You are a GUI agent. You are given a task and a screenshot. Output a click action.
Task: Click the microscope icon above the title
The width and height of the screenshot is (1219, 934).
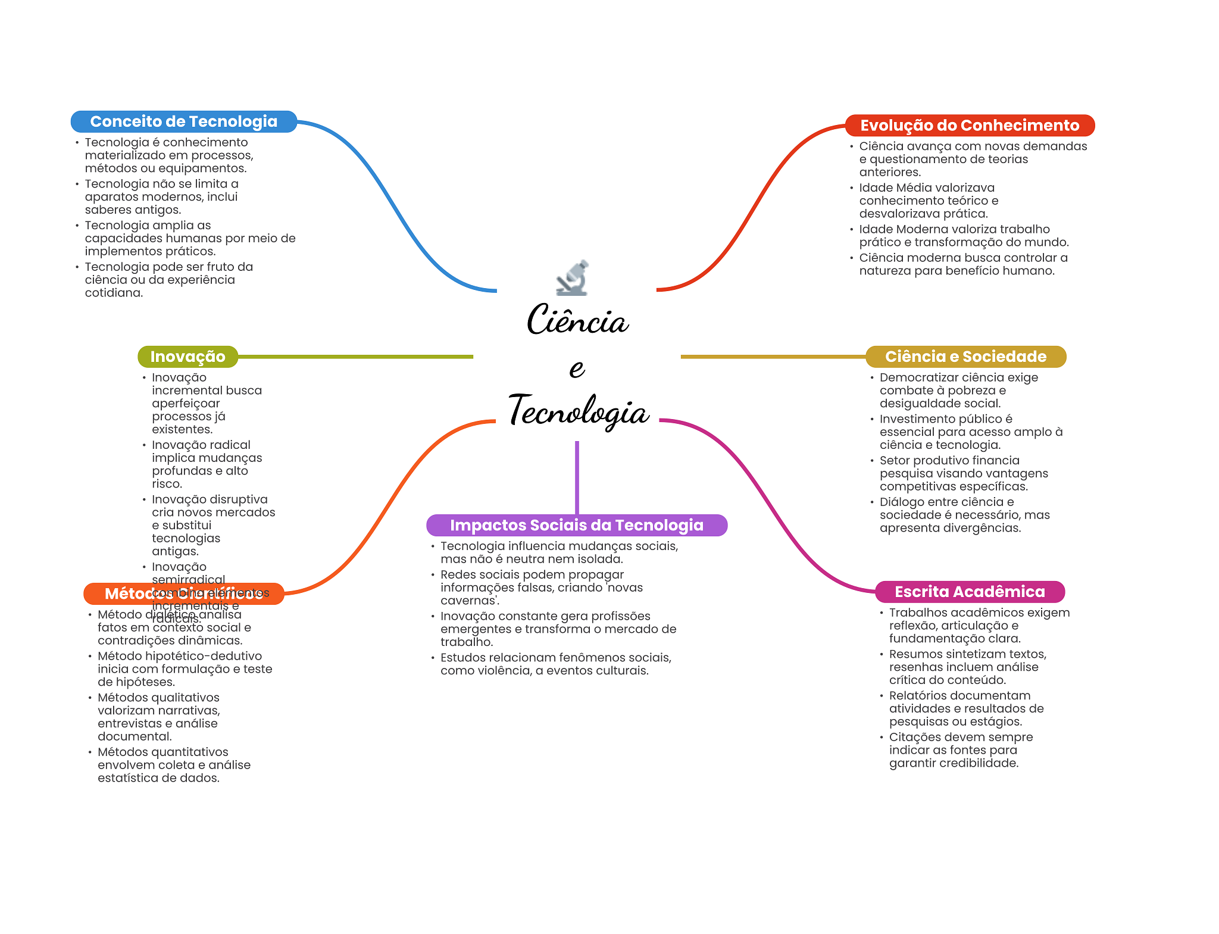tap(573, 278)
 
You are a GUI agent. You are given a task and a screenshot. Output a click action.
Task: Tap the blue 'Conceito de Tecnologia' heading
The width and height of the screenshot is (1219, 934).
tap(183, 121)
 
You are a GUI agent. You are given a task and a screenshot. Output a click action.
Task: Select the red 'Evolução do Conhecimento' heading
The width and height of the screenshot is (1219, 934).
tap(969, 126)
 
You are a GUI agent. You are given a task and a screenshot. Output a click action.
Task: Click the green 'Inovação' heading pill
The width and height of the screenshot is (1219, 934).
tap(187, 357)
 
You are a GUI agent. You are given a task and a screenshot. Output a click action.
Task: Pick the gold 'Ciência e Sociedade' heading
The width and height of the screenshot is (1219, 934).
tap(965, 357)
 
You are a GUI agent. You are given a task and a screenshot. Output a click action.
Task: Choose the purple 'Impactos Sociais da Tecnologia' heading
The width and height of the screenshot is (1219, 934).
tap(576, 525)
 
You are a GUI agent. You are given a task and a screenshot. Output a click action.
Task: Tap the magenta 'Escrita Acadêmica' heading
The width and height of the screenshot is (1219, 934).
tap(969, 592)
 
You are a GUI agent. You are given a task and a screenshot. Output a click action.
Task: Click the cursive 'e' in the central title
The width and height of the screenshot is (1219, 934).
tap(577, 368)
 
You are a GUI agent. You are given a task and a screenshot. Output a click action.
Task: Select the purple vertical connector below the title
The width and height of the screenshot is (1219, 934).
tap(577, 476)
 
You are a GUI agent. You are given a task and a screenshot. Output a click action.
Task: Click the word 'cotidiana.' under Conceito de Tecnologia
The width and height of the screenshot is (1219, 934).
tap(114, 293)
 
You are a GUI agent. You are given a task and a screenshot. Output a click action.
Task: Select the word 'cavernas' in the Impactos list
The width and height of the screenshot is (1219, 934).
tap(468, 601)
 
